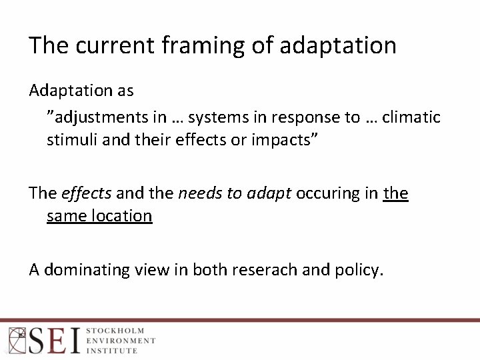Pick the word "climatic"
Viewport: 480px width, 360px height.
coord(411,117)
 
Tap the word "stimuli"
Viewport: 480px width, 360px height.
coord(69,140)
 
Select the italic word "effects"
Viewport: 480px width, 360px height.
coord(86,193)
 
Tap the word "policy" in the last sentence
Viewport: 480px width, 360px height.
coord(359,269)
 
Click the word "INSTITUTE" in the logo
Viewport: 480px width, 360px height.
coord(112,351)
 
